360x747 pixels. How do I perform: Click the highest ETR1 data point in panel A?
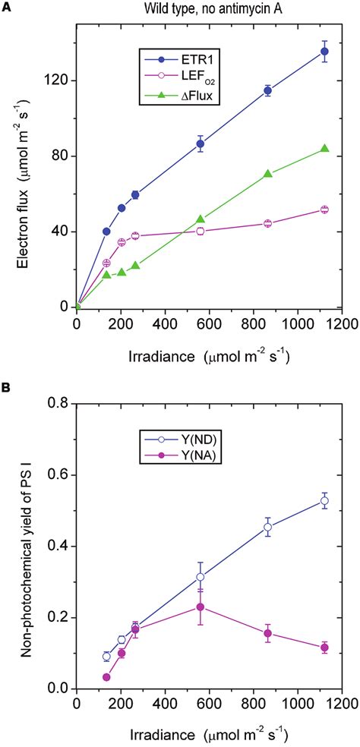tap(324, 52)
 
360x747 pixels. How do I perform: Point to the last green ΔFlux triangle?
tap(324, 149)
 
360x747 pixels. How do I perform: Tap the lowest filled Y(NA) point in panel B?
tap(106, 677)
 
